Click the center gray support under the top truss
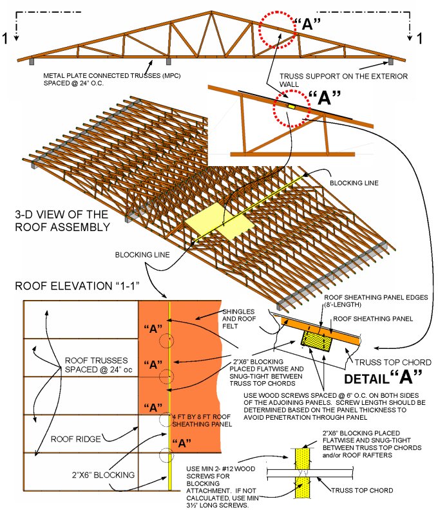[x=169, y=62]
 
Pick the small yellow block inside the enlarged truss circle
[x=291, y=105]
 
